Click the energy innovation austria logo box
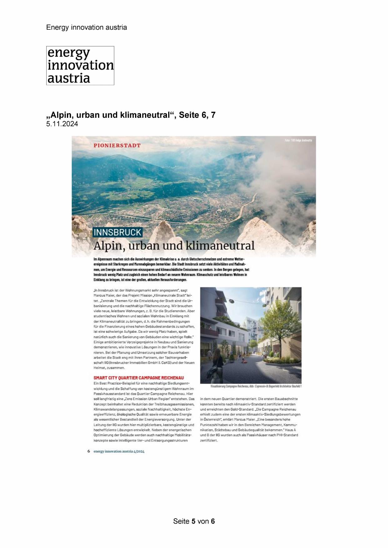coord(80,66)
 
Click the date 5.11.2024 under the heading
coord(62,124)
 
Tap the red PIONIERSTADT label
coord(117,146)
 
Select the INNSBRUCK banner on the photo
coord(117,232)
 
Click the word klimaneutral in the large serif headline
coord(220,246)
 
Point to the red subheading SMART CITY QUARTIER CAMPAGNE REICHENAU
coord(139,378)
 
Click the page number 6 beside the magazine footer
coord(89,451)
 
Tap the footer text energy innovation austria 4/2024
coord(119,451)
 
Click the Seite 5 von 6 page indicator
coord(194,521)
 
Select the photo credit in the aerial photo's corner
coord(298,141)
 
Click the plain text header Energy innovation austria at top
coord(87,27)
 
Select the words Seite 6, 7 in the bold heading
coord(197,115)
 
